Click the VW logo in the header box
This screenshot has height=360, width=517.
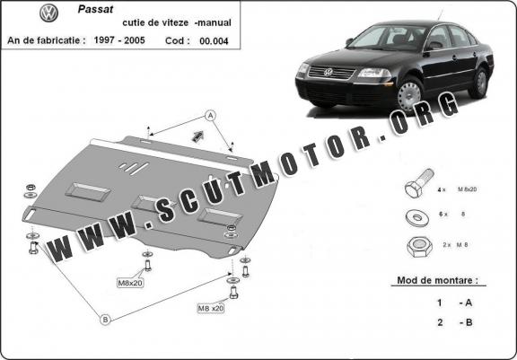pyautogui.click(x=48, y=13)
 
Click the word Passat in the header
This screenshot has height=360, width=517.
pyautogui.click(x=96, y=9)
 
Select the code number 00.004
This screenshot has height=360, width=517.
pyautogui.click(x=214, y=41)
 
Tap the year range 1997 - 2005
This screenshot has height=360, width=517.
pyautogui.click(x=119, y=40)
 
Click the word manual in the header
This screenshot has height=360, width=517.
pyautogui.click(x=214, y=22)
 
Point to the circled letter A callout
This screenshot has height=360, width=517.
pyautogui.click(x=210, y=116)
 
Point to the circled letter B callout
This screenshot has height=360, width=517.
pyautogui.click(x=105, y=320)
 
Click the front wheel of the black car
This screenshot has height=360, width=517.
pyautogui.click(x=410, y=95)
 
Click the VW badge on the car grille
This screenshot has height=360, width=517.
pyautogui.click(x=329, y=72)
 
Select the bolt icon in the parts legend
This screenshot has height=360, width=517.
pyautogui.click(x=419, y=183)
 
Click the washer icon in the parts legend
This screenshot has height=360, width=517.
pyautogui.click(x=417, y=217)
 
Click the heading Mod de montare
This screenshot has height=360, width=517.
pyautogui.click(x=437, y=281)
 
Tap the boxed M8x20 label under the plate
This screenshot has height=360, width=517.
pyautogui.click(x=130, y=283)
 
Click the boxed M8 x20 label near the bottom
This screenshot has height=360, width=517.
pyautogui.click(x=211, y=309)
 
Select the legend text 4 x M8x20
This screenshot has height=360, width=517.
pyautogui.click(x=457, y=189)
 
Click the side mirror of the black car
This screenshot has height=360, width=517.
pyautogui.click(x=349, y=42)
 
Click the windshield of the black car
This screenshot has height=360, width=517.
pyautogui.click(x=388, y=38)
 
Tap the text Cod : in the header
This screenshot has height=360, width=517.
pyautogui.click(x=178, y=41)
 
